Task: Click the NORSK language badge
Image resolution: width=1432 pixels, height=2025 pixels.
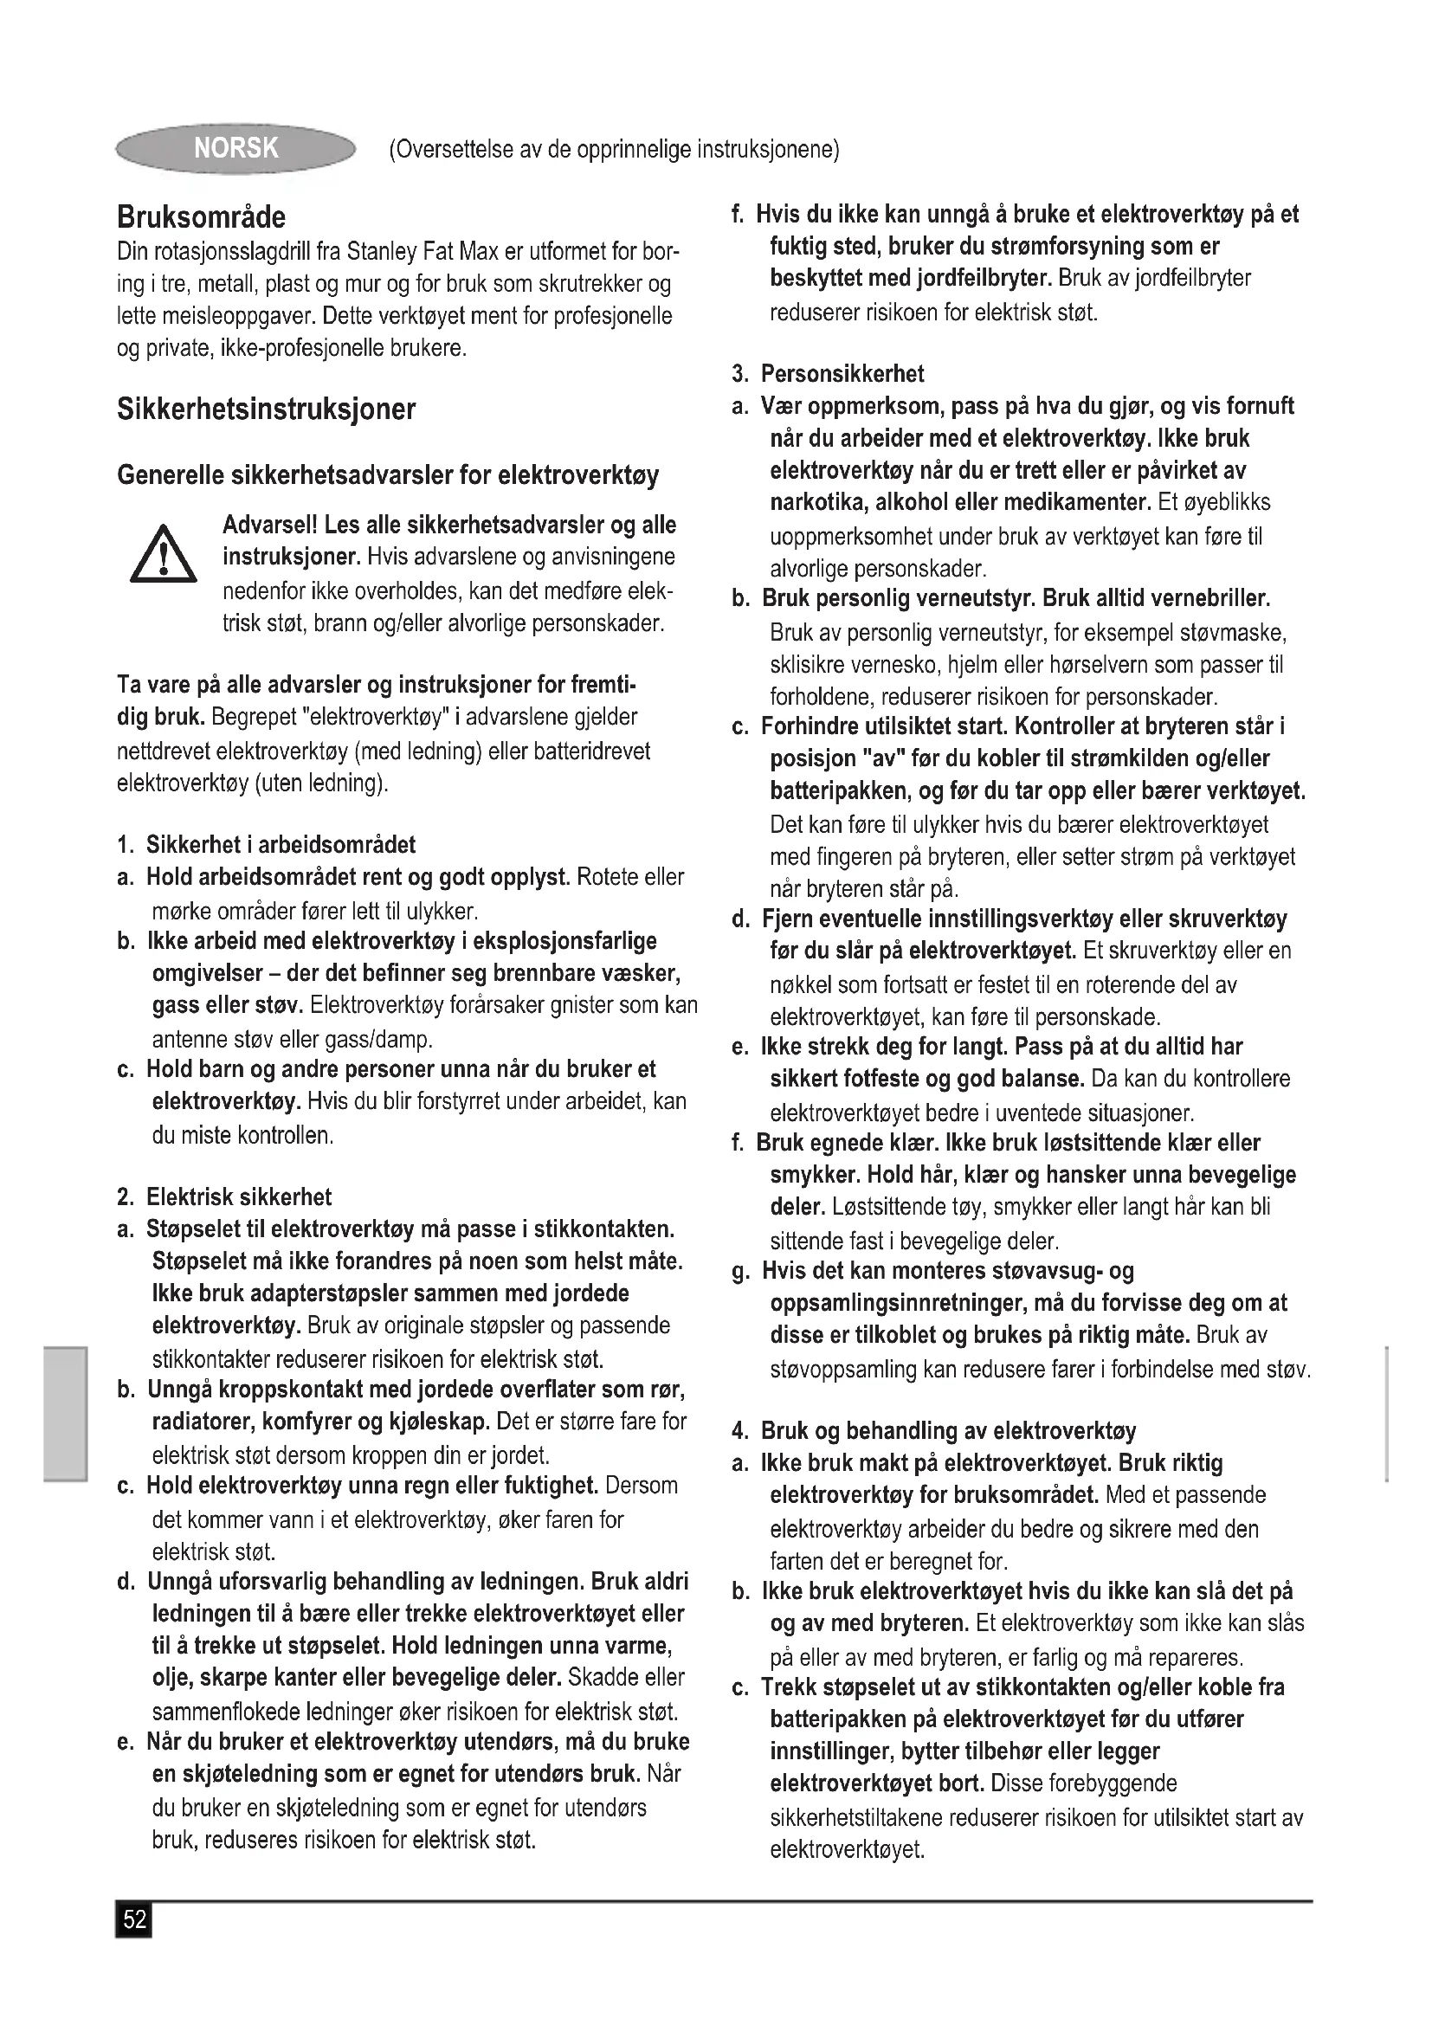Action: coord(235,148)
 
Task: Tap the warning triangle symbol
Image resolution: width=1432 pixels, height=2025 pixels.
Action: coord(163,555)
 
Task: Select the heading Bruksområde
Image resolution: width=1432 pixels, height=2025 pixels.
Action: coord(201,217)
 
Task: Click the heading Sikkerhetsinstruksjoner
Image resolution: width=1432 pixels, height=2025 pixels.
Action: coord(266,410)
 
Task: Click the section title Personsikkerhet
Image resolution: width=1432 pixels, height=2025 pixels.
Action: coord(842,374)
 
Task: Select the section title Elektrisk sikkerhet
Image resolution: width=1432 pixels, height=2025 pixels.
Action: coord(238,1196)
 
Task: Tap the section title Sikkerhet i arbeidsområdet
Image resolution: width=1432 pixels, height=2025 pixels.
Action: coord(281,844)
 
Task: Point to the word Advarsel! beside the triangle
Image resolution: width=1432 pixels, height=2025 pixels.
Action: coord(270,525)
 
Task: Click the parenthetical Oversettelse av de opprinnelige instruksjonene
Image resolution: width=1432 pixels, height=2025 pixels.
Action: coord(614,149)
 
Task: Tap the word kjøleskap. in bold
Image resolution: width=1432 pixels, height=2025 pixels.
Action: coord(439,1421)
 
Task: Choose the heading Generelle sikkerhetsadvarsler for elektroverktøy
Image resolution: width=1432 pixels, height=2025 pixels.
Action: coord(388,475)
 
